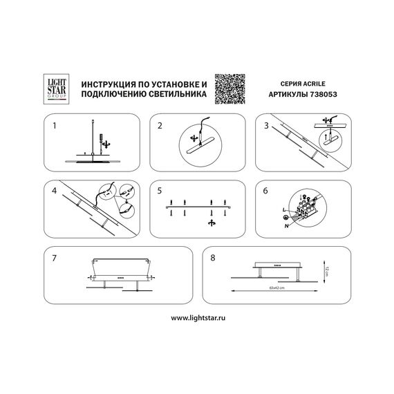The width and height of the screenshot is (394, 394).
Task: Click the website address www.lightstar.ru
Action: click(197, 317)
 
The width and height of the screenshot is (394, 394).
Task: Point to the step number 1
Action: click(53, 127)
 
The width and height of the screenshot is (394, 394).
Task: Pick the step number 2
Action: click(160, 127)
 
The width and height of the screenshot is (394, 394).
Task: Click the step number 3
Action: click(265, 127)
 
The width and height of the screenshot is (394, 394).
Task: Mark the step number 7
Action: click(53, 256)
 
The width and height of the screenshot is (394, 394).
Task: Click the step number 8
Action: click(214, 256)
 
